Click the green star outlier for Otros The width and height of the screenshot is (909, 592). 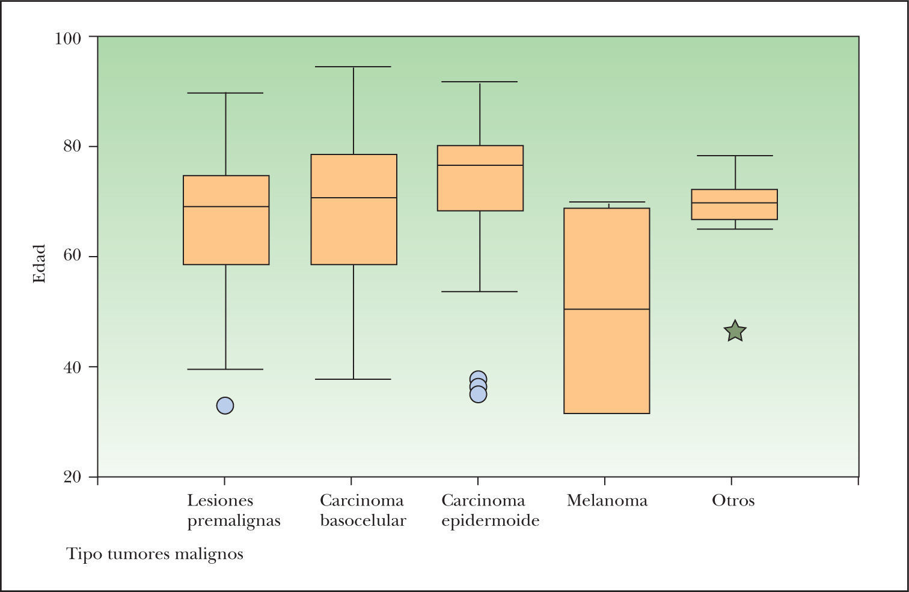click(x=735, y=331)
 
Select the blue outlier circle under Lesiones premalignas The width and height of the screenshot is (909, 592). click(x=225, y=406)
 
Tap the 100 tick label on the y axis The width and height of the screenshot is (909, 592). click(x=67, y=38)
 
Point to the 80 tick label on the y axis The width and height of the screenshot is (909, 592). click(x=72, y=147)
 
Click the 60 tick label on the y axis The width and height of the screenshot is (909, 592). click(x=72, y=257)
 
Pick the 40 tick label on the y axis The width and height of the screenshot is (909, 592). click(x=72, y=367)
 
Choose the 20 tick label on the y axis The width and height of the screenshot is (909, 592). click(x=72, y=477)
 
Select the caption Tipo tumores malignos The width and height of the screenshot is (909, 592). click(x=155, y=554)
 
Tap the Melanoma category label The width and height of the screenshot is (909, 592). click(x=607, y=501)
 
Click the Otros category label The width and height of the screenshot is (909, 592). click(x=733, y=501)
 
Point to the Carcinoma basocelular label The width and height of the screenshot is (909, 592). click(x=363, y=510)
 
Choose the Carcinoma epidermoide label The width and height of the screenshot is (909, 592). click(x=490, y=510)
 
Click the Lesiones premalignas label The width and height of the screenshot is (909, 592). click(x=233, y=510)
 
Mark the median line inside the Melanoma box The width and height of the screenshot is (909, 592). click(x=607, y=309)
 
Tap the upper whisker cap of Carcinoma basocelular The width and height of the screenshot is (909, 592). click(x=353, y=67)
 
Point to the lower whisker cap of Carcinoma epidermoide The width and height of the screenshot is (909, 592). click(x=479, y=291)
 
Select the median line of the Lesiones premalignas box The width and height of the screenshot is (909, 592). click(x=226, y=207)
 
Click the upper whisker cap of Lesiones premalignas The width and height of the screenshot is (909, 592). click(x=225, y=93)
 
